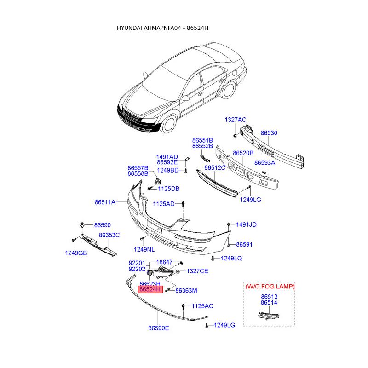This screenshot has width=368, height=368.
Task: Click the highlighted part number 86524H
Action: (150, 290)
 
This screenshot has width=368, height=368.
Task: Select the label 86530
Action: (269, 133)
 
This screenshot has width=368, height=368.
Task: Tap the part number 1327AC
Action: (236, 120)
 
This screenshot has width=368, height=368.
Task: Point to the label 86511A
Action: (105, 202)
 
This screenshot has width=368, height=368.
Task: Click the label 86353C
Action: (109, 235)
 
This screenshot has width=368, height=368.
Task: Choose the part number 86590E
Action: (159, 328)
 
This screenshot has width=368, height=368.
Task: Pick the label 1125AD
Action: (164, 204)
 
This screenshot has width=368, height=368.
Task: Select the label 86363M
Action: (186, 291)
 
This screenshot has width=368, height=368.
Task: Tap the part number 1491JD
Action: (246, 225)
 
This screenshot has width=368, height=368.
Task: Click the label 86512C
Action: (215, 168)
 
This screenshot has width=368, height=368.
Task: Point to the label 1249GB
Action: (76, 253)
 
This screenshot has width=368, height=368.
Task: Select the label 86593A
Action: (265, 163)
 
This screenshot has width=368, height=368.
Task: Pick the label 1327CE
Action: (198, 271)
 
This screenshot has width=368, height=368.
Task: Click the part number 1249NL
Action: (144, 249)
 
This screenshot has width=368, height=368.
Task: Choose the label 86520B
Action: (243, 153)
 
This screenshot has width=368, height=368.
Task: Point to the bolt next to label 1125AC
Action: (184, 306)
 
